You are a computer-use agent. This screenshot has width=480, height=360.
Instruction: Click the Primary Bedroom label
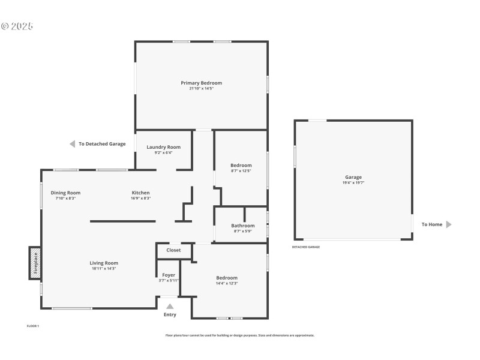202,83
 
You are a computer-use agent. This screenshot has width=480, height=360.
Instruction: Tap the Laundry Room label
163,147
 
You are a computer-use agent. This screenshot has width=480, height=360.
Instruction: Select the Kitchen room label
141,193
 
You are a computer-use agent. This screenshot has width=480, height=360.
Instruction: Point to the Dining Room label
65,193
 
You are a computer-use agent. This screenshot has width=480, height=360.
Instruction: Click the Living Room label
104,263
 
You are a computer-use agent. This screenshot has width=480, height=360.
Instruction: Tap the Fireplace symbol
35,263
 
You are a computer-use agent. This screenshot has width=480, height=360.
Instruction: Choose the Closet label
173,250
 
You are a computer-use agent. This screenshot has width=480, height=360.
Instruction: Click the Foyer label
169,275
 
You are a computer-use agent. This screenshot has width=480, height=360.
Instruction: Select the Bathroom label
243,226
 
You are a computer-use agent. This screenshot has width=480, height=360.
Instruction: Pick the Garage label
353,177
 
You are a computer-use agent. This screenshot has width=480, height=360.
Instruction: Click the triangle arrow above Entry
170,306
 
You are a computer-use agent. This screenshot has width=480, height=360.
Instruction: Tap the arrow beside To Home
448,224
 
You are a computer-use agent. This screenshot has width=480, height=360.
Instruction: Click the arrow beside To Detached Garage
72,144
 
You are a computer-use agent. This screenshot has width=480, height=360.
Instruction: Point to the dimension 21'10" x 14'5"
202,88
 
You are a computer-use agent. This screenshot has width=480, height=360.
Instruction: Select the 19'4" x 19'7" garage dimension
353,182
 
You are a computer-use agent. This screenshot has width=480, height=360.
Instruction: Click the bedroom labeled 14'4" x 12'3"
227,278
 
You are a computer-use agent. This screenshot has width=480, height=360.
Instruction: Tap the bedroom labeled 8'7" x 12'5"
241,165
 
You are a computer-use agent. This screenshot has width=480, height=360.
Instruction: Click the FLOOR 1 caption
32,326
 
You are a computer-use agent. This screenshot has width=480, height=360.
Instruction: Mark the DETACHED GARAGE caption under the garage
306,247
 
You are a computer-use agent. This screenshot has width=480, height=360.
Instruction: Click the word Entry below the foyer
170,314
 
